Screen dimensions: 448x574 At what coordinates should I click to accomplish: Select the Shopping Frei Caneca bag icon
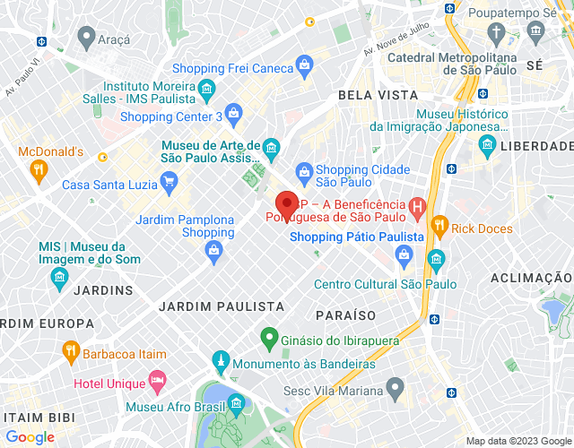click(x=305, y=65)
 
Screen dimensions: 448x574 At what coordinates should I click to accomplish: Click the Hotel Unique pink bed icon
click(x=157, y=380)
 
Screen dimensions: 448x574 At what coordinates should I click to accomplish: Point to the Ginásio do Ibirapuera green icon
click(x=267, y=340)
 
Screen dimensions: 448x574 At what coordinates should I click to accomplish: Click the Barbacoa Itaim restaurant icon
click(x=70, y=351)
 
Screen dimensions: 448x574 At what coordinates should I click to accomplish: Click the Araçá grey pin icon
click(x=86, y=38)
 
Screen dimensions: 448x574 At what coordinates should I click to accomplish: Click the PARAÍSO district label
click(x=345, y=315)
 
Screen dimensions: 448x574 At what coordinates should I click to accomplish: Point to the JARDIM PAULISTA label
click(x=221, y=306)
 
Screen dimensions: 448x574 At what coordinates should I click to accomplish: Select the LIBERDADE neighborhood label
click(x=535, y=145)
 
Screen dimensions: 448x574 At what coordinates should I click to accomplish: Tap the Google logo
click(x=29, y=436)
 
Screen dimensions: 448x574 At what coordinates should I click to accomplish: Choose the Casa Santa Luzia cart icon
click(x=169, y=185)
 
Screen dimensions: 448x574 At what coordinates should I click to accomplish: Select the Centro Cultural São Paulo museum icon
click(x=437, y=261)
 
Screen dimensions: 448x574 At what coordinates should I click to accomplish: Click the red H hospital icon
click(x=416, y=209)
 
